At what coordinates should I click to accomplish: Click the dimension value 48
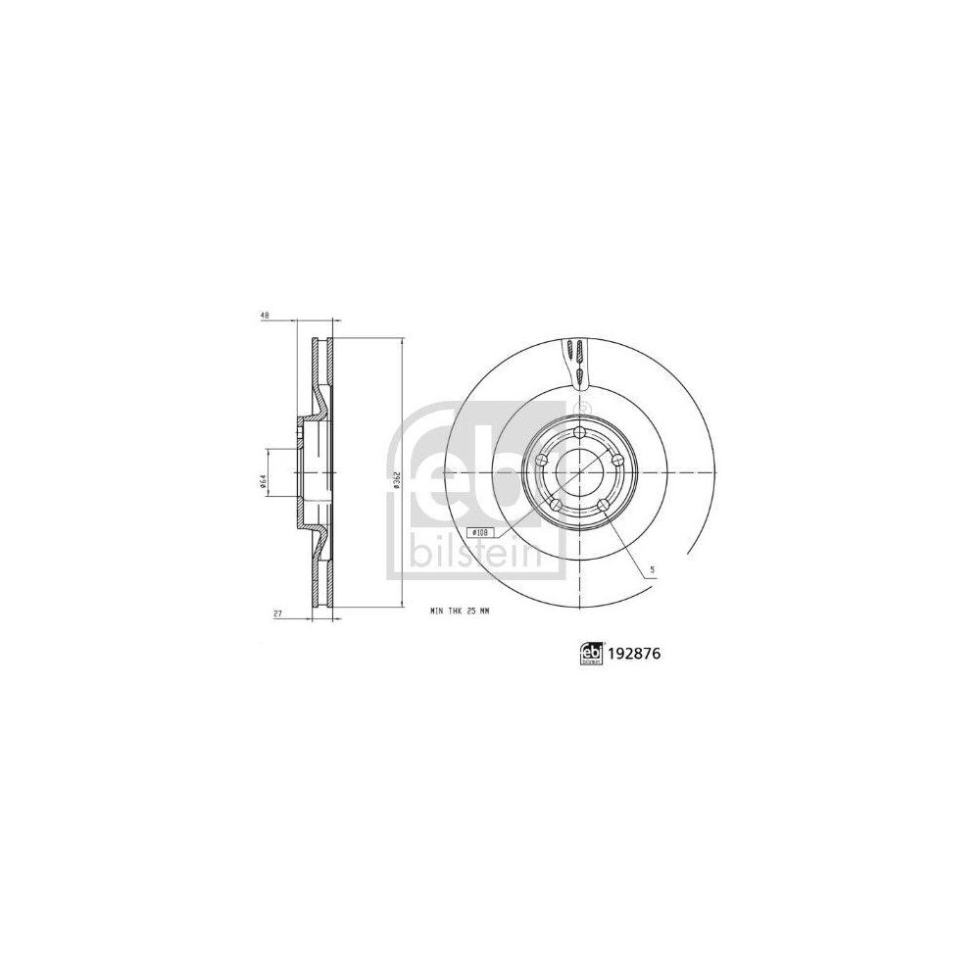tap(265, 317)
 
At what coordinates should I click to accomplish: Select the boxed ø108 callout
tap(480, 530)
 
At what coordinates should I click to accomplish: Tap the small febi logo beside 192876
tap(590, 653)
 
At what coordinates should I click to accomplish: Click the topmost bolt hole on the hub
tap(579, 433)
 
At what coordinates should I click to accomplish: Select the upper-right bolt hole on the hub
tap(617, 462)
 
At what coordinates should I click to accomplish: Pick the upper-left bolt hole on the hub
tap(541, 462)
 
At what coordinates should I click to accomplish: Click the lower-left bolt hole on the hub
tap(556, 506)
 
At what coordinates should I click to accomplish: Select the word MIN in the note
tap(437, 611)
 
